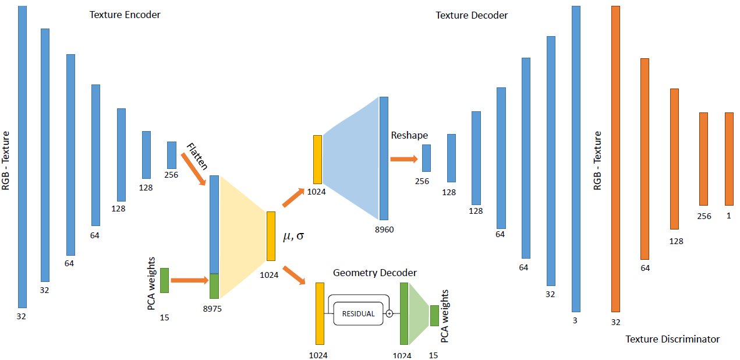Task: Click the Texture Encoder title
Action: tap(125, 15)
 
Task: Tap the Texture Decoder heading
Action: tap(472, 15)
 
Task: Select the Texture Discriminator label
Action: tap(672, 339)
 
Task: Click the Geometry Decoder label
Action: tap(375, 273)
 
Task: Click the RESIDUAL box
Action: tap(358, 313)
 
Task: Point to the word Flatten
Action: tap(197, 156)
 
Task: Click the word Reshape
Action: tap(409, 135)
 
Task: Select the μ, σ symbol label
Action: tap(293, 236)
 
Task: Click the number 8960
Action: tap(384, 230)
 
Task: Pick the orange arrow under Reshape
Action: tap(404, 158)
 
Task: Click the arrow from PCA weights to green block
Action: tap(190, 281)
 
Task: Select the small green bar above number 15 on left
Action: tap(164, 280)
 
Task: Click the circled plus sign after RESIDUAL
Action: tap(390, 313)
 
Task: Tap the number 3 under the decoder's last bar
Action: tap(575, 320)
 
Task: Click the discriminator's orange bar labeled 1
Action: tap(729, 158)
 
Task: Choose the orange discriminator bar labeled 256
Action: tap(703, 158)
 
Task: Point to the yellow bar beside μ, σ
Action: tap(271, 236)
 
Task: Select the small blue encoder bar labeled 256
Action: tap(171, 155)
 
